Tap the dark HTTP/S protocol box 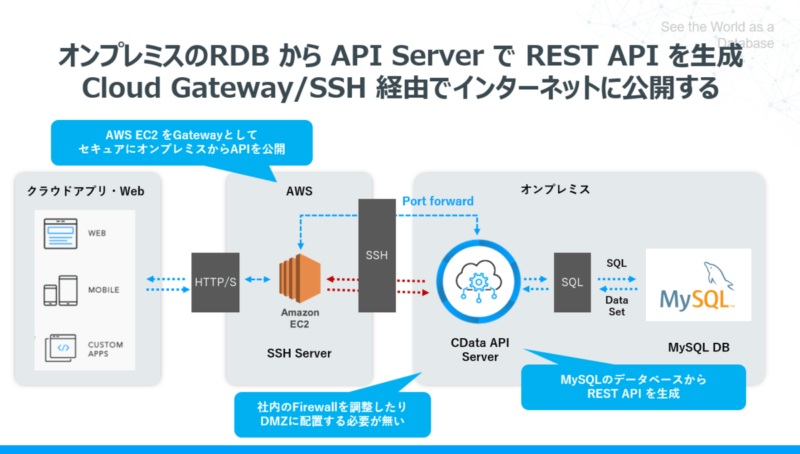(215, 282)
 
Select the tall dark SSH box (377, 255)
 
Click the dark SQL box (572, 282)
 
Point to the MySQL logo (698, 286)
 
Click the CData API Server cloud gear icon (477, 282)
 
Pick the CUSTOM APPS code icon (61, 348)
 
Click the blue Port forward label (437, 201)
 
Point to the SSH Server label (299, 353)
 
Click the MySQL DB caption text (698, 347)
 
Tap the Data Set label (617, 306)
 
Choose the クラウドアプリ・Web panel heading (86, 191)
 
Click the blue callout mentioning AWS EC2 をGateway (181, 142)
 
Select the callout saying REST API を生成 (633, 387)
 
